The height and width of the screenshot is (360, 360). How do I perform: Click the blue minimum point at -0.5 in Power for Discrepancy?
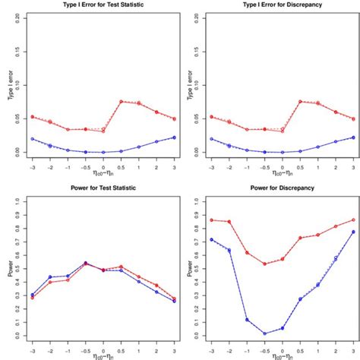[x=265, y=333]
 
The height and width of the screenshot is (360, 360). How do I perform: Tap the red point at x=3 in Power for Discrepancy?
[x=352, y=220]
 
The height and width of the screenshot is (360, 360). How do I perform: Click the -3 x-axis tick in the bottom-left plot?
[x=32, y=349]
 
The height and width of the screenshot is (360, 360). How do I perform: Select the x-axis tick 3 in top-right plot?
[x=352, y=165]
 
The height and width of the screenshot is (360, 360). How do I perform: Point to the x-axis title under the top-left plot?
[x=103, y=176]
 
